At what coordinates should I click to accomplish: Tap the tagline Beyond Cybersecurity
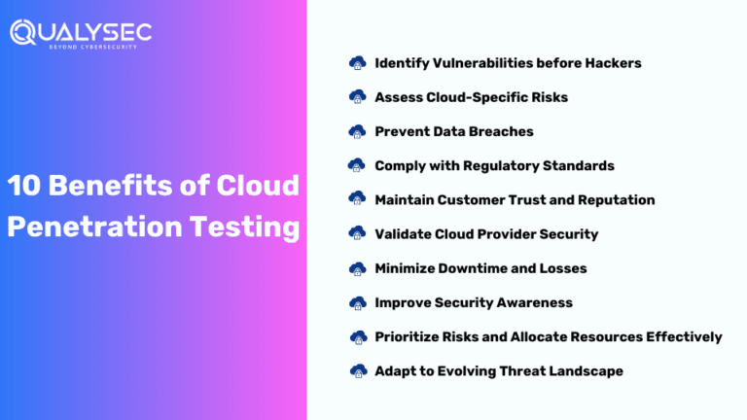click(100, 47)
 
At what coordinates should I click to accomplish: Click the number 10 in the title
click(25, 187)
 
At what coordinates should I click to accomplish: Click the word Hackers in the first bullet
click(613, 63)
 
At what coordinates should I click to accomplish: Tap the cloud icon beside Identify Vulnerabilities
click(357, 63)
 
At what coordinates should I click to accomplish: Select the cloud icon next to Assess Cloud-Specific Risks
click(357, 97)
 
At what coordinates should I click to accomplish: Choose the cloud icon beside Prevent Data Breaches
click(357, 131)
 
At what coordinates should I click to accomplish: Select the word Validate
click(404, 234)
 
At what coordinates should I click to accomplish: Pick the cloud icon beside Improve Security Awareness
click(357, 302)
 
